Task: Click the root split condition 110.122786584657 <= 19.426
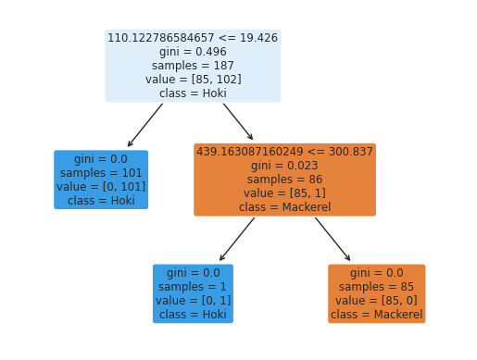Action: click(193, 38)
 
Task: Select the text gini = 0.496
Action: click(193, 52)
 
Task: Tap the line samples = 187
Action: click(193, 66)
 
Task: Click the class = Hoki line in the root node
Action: click(193, 93)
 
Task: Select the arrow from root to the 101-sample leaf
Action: click(145, 125)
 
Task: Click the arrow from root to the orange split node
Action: click(238, 121)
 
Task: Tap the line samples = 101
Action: click(101, 173)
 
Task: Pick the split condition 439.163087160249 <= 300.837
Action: click(284, 151)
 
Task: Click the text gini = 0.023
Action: click(284, 165)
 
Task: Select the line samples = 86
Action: click(284, 180)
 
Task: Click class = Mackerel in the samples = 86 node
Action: click(284, 207)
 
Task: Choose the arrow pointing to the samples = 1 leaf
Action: click(237, 239)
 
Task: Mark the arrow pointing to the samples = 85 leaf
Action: click(333, 239)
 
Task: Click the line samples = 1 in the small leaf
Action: click(193, 287)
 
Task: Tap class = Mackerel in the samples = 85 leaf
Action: click(376, 315)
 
